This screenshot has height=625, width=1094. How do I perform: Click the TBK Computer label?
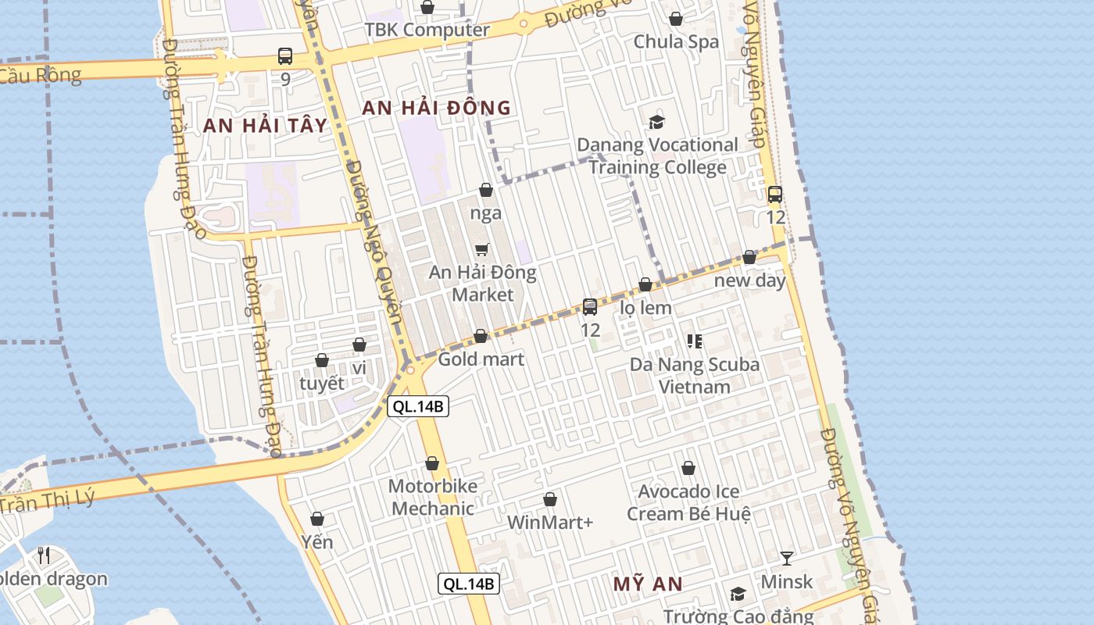click(x=427, y=30)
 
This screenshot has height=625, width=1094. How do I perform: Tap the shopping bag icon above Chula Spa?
click(x=676, y=19)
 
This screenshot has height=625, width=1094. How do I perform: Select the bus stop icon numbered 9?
click(x=285, y=56)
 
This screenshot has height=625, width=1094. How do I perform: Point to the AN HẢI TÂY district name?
click(x=265, y=125)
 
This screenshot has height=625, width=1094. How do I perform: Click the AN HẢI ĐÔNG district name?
click(x=436, y=109)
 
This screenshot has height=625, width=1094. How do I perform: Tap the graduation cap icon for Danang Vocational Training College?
click(x=656, y=122)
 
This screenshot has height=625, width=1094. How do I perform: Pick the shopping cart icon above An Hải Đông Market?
click(x=482, y=249)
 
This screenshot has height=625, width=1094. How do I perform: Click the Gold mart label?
click(x=481, y=359)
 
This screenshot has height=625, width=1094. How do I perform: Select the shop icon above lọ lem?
click(x=645, y=285)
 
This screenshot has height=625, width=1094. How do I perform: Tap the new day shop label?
click(x=749, y=280)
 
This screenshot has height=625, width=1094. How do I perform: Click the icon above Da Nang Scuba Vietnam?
click(x=694, y=341)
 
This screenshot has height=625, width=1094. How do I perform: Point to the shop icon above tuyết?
click(x=322, y=360)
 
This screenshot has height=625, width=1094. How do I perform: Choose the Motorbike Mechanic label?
click(x=432, y=498)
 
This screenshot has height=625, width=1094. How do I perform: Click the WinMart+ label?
click(x=550, y=522)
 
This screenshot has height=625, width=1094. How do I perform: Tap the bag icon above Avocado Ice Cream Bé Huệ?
click(x=688, y=468)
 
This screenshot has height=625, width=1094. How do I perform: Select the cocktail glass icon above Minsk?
click(x=787, y=558)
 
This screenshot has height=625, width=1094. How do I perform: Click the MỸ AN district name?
click(x=647, y=584)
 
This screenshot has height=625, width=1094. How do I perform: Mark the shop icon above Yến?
click(x=317, y=519)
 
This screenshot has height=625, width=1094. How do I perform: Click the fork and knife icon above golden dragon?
click(x=44, y=555)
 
